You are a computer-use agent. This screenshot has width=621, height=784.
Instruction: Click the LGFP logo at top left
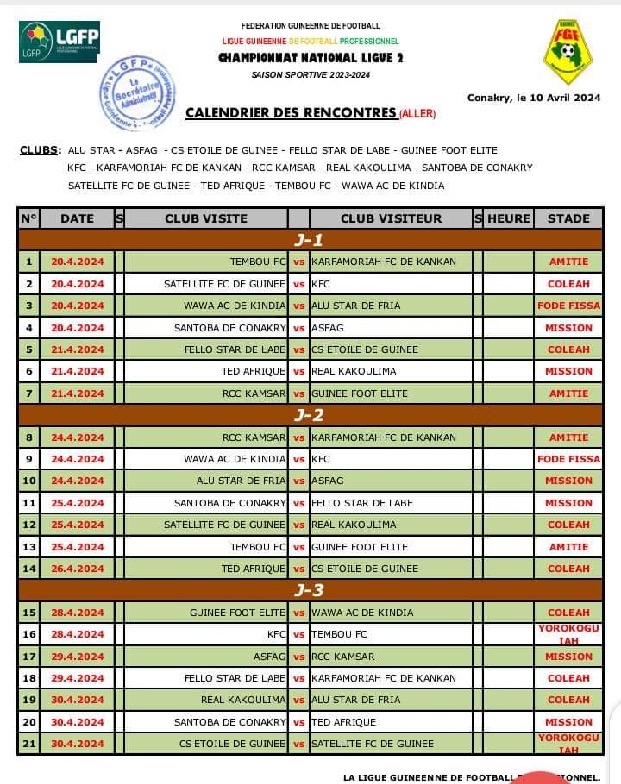[x=59, y=40]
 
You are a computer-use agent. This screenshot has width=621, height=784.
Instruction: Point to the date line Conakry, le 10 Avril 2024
[x=533, y=97]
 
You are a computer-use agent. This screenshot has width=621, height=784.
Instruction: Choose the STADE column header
[x=568, y=218]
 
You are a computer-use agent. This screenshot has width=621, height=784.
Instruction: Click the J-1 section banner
[x=310, y=240]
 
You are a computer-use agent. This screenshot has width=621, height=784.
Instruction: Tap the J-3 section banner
[x=310, y=590]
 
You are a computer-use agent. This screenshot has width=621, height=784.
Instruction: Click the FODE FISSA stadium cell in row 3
[x=569, y=306]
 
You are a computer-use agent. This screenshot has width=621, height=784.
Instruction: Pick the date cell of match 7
[x=77, y=394]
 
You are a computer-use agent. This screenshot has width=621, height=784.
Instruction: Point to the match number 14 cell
[x=29, y=568]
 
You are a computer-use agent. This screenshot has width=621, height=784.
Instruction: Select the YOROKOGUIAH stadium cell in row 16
[x=569, y=634]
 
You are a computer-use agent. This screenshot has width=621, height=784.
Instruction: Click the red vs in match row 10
[x=298, y=481]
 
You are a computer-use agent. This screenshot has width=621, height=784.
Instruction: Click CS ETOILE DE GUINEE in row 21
[x=233, y=743]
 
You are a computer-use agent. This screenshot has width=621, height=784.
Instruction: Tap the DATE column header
[x=77, y=218]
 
